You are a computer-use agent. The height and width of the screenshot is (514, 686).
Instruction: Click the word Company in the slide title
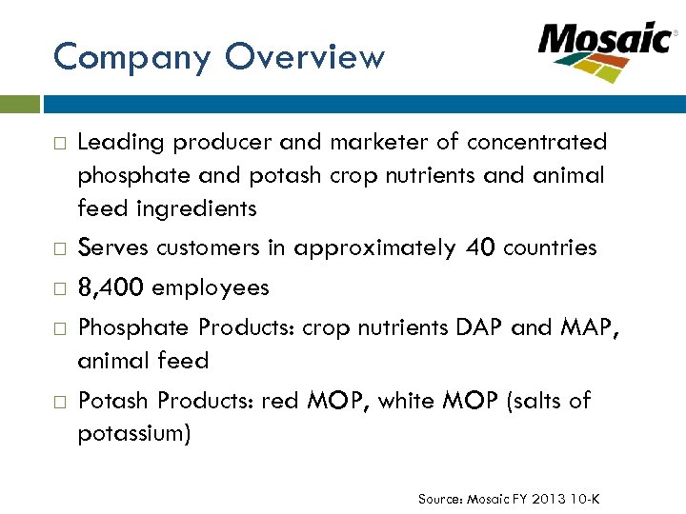pos(131,58)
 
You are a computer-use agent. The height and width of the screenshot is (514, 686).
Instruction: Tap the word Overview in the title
pos(305,58)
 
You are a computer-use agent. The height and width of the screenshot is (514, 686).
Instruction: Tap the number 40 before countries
pos(480,248)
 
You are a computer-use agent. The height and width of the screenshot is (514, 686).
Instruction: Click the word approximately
pos(374,249)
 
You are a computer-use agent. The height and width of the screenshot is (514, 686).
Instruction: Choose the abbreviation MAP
pos(585,327)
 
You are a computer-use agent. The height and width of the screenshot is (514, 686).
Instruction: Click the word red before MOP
pos(281,402)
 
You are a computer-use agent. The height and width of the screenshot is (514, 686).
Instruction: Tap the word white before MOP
pos(410,402)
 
